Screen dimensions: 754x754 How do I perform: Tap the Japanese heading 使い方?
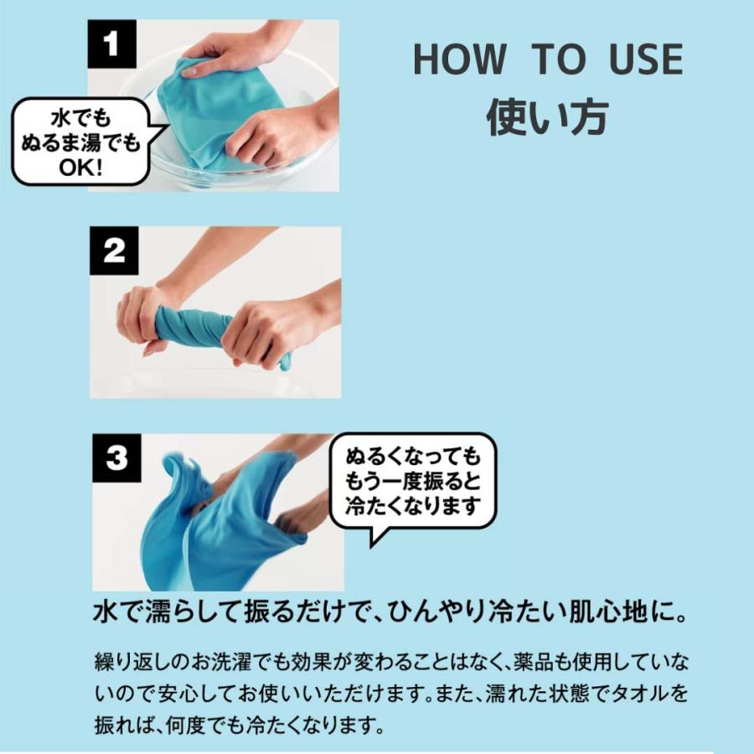(x=547, y=117)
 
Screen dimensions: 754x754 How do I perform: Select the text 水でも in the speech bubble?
(x=80, y=116)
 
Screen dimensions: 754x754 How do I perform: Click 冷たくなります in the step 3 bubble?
(x=415, y=506)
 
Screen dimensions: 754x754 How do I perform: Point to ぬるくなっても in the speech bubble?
(x=415, y=457)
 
